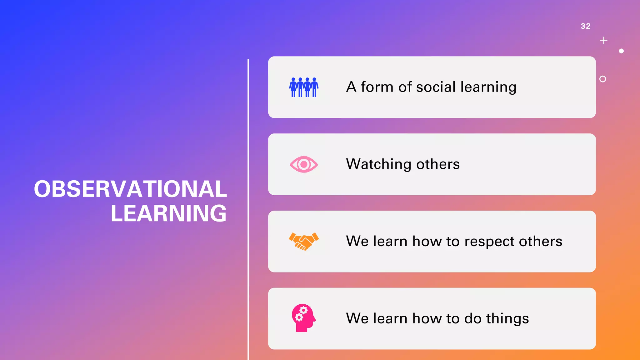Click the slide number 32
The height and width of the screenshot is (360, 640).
pyautogui.click(x=585, y=26)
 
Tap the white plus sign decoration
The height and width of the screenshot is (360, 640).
pyautogui.click(x=604, y=40)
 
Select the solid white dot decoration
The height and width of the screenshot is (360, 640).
pyautogui.click(x=621, y=51)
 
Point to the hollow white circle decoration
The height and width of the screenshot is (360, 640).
pyautogui.click(x=603, y=79)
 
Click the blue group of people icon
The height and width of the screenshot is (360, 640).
pyautogui.click(x=304, y=87)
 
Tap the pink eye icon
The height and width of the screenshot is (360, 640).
pyautogui.click(x=304, y=164)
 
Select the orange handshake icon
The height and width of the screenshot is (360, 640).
pyautogui.click(x=304, y=241)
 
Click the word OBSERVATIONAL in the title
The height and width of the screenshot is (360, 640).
pyautogui.click(x=130, y=189)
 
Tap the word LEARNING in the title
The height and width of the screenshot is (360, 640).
pyautogui.click(x=168, y=213)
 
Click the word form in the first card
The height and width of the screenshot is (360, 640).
pyautogui.click(x=377, y=87)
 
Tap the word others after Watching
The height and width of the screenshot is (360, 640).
pyautogui.click(x=438, y=164)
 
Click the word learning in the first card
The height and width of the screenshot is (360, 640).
pyautogui.click(x=488, y=87)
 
